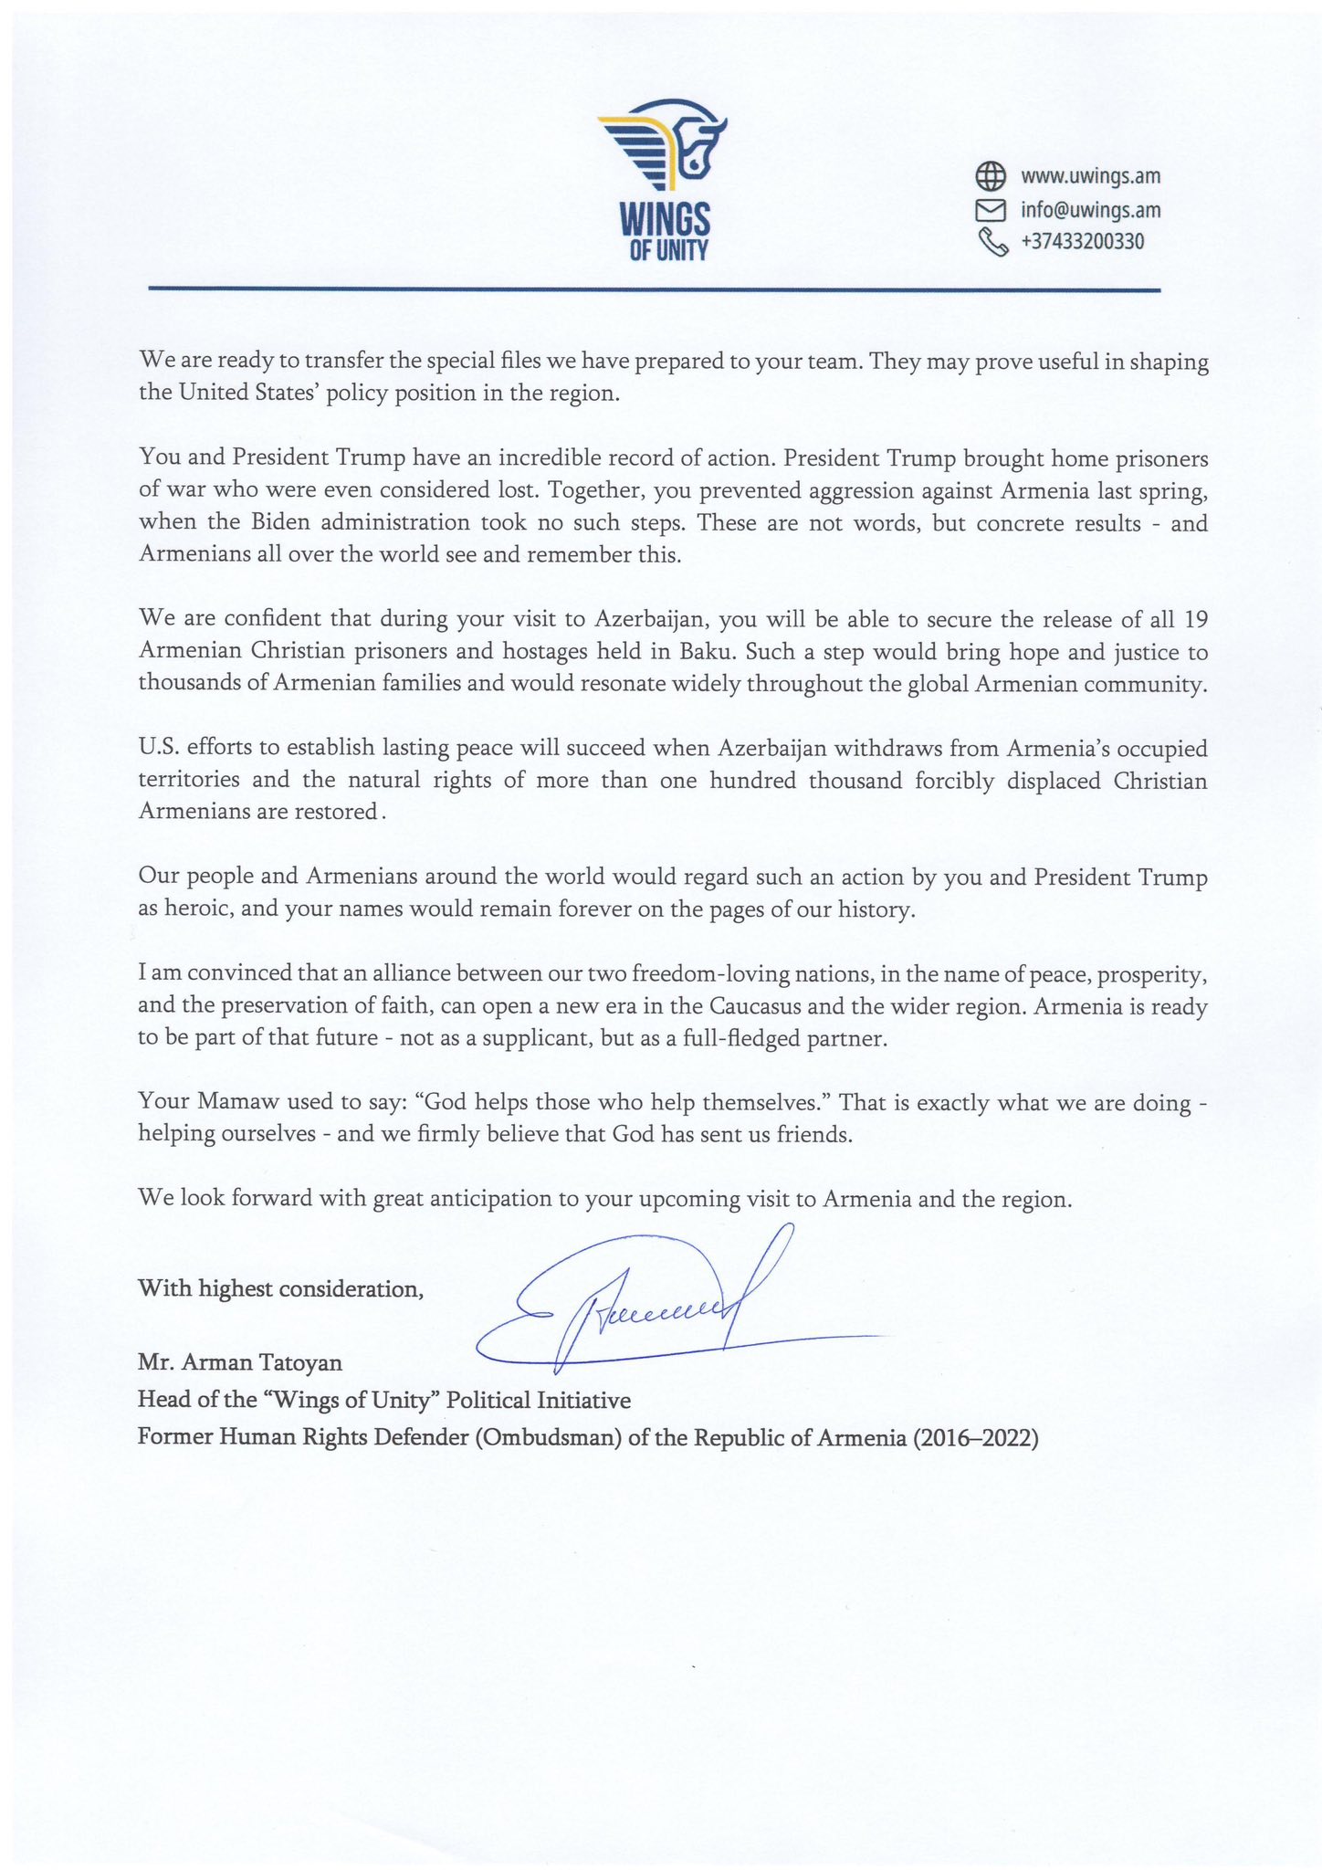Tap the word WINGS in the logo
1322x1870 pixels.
click(665, 220)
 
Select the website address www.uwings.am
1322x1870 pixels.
click(1090, 176)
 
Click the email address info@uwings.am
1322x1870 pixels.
click(1090, 210)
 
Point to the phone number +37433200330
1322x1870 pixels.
click(1082, 242)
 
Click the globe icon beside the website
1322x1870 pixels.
click(991, 174)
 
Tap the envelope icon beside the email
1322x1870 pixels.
click(991, 210)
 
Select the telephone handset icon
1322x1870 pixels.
click(991, 242)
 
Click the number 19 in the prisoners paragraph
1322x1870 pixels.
click(1195, 620)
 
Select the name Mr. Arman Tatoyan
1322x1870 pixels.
click(240, 1363)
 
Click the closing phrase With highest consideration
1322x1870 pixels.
click(280, 1288)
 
